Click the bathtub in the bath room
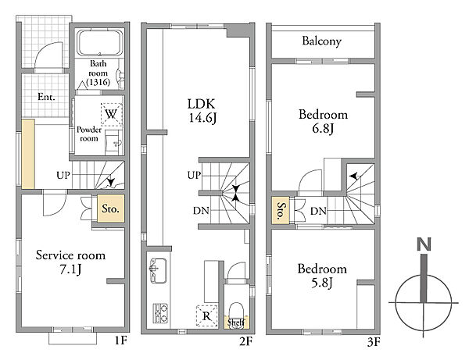pyautogui.click(x=100, y=43)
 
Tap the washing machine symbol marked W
pyautogui.click(x=111, y=115)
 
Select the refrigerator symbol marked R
pyautogui.click(x=206, y=315)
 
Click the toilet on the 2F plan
pyautogui.click(x=237, y=315)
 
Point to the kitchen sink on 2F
pyautogui.click(x=158, y=270)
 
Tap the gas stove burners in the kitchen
pyautogui.click(x=160, y=313)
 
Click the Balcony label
pyautogui.click(x=321, y=41)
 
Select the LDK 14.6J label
pyautogui.click(x=202, y=111)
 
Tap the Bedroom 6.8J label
pyautogui.click(x=323, y=122)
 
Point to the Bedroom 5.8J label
pyautogui.click(x=322, y=276)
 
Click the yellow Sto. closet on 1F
pyautogui.click(x=111, y=209)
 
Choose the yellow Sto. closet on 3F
pyautogui.click(x=281, y=210)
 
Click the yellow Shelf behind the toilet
pyautogui.click(x=236, y=323)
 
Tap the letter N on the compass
pyautogui.click(x=424, y=244)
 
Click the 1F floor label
pyautogui.click(x=121, y=340)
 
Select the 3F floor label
pyautogui.click(x=374, y=342)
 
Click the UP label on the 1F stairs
pyautogui.click(x=63, y=176)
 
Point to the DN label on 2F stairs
pyautogui.click(x=201, y=211)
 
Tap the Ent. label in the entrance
pyautogui.click(x=46, y=97)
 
